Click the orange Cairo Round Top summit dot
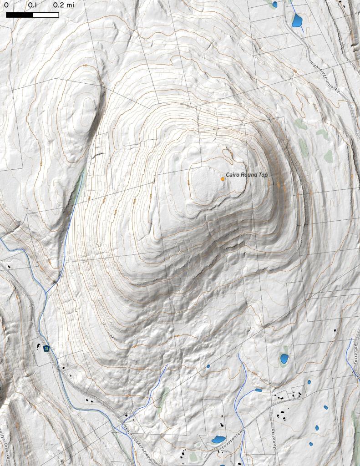[x=223, y=179]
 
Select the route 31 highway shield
[x=46, y=349]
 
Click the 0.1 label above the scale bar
[x=33, y=5]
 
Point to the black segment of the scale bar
[x=20, y=15]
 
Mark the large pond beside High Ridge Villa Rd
[x=297, y=20]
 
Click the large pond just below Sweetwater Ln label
[x=218, y=439]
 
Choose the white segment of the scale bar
[x=46, y=15]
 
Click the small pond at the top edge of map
[x=274, y=5]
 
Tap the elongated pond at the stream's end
[x=259, y=390]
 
